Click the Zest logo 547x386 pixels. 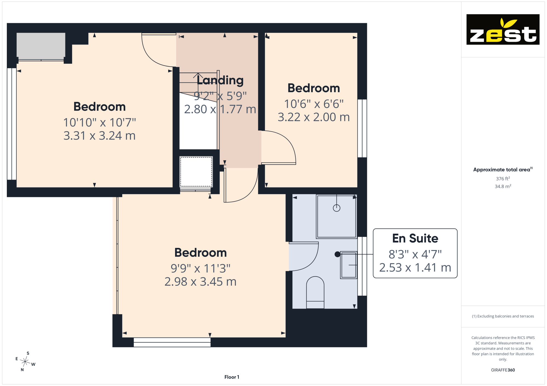coord(503,29)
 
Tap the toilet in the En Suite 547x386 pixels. coord(315,292)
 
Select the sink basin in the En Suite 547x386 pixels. coord(349,265)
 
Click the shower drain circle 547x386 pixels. coord(336,208)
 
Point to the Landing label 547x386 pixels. coord(220,80)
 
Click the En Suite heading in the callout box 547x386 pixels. coord(415,238)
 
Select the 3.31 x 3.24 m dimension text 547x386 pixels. coord(100,136)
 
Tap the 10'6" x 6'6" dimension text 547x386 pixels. coord(314,104)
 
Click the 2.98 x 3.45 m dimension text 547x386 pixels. coord(200,282)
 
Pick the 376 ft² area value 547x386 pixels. coord(503,179)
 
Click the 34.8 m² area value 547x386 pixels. coord(503,186)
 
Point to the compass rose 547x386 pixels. coord(25,362)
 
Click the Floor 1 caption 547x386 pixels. coord(232,377)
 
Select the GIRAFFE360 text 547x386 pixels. coord(503,370)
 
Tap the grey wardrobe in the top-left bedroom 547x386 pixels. coord(41,46)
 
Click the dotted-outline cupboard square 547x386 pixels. coord(196,171)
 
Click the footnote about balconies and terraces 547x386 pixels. coord(503,316)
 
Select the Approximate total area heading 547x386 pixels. coord(503,170)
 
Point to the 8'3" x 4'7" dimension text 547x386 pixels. coord(415,254)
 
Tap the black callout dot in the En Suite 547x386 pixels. coord(337,254)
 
